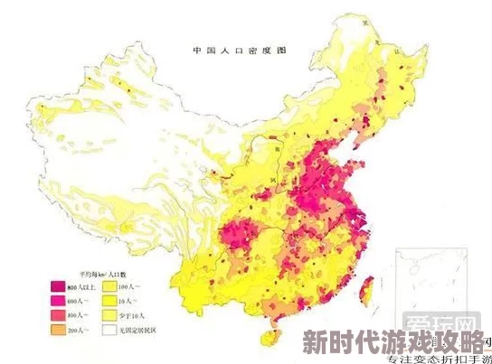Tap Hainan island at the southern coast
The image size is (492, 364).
click(265, 335)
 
